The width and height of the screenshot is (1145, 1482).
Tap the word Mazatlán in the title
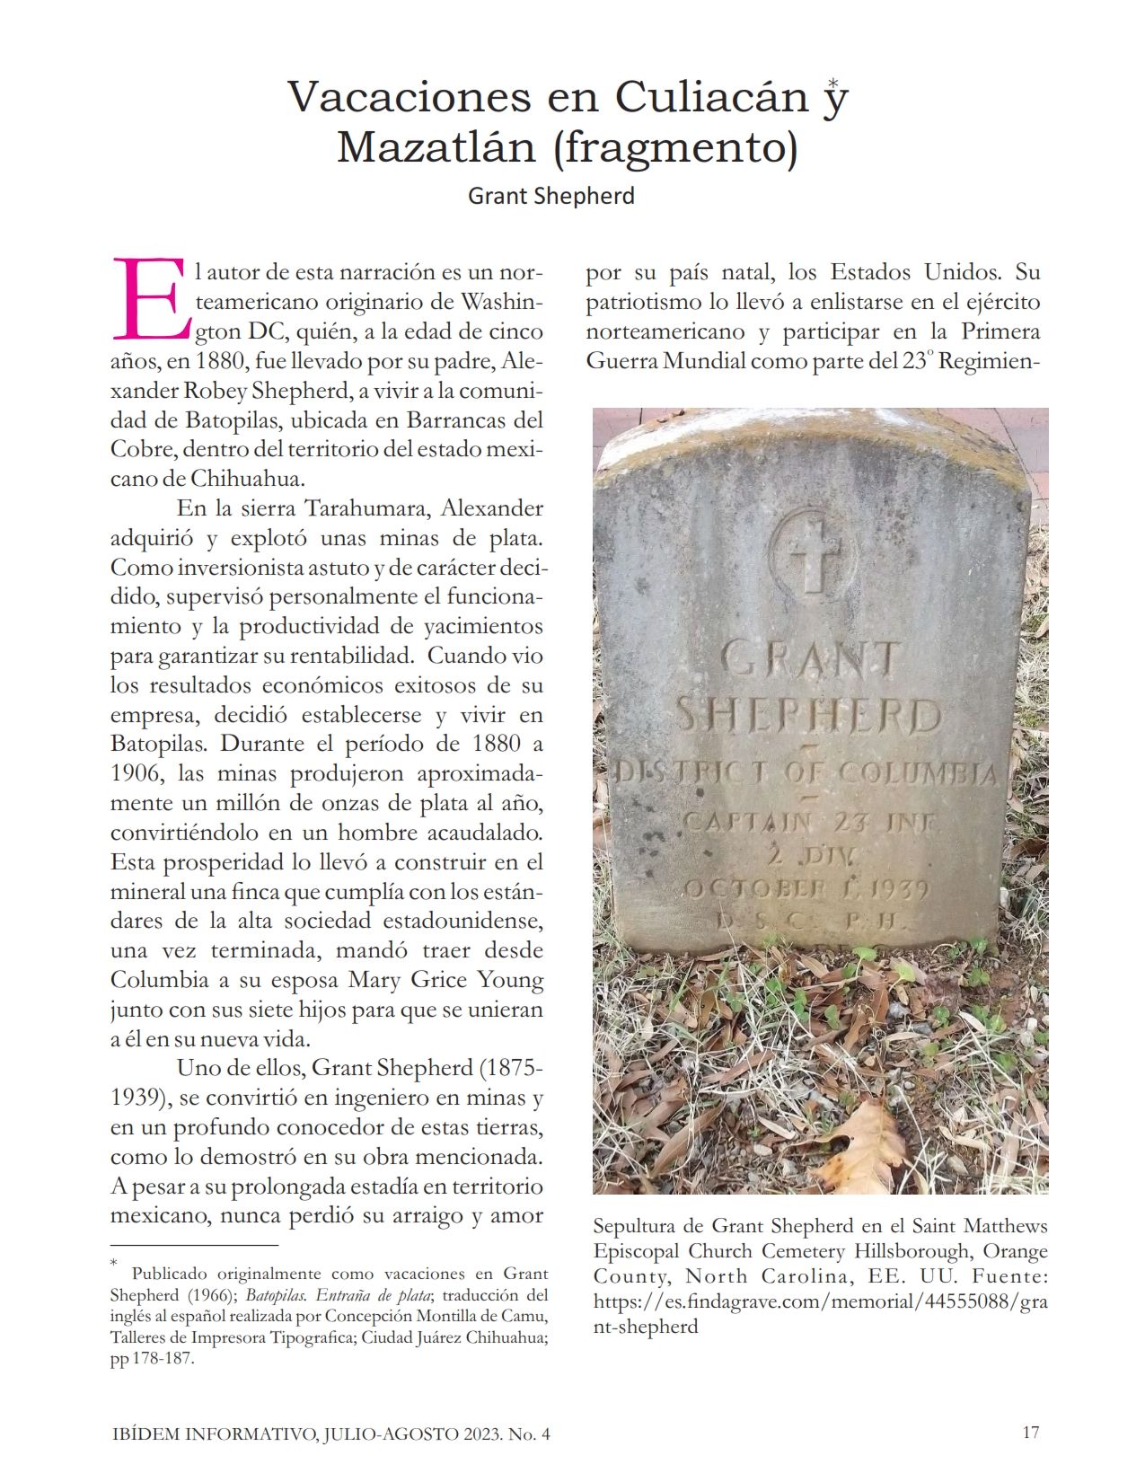click(x=436, y=147)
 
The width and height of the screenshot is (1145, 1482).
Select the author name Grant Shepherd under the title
click(x=550, y=196)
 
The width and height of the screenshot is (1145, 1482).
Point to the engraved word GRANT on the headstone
click(x=810, y=659)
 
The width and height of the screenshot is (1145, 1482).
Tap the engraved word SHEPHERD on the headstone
click(x=808, y=717)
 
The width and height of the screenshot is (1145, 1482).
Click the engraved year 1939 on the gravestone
click(x=894, y=889)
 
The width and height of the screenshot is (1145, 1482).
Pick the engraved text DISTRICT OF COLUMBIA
click(x=806, y=773)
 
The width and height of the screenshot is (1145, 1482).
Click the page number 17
click(x=1030, y=1433)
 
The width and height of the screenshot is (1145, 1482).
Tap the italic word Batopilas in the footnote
click(x=277, y=1295)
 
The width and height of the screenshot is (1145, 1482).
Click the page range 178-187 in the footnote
click(x=163, y=1359)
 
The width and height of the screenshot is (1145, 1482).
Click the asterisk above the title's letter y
click(x=834, y=83)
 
